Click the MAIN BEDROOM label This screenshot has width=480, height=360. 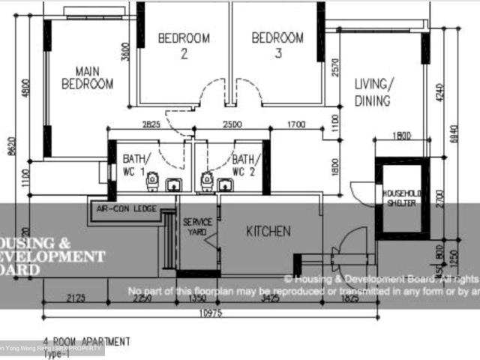coord(88,76)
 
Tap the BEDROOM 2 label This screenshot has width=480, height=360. coord(184,45)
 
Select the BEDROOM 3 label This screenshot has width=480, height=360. coord(277,45)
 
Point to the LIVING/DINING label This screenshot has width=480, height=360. coord(373,91)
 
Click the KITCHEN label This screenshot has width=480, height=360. coord(268,232)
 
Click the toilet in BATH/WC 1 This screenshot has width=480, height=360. coord(152,181)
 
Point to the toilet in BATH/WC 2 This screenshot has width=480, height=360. coord(206,181)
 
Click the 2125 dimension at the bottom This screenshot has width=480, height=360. coord(76,298)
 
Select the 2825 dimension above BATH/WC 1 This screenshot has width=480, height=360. coord(151,124)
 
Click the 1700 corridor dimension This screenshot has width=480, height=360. coord(296,124)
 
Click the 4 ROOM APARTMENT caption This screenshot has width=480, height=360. coord(86,341)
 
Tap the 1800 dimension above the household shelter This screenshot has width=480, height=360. coord(403,136)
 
